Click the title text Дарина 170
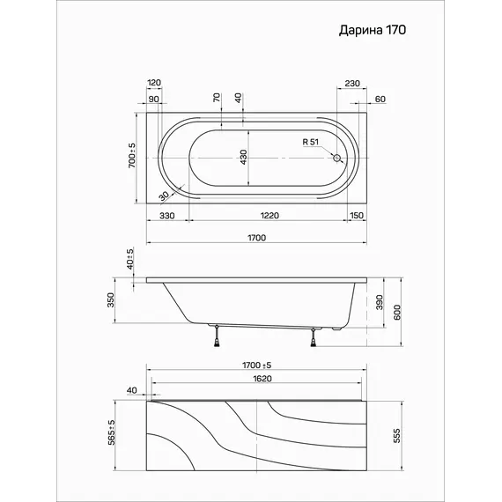point(373,30)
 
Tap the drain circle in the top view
point(336,158)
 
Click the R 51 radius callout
point(311,142)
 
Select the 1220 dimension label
point(269,216)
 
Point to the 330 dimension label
point(167,216)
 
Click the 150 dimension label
point(357,216)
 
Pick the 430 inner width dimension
point(243,157)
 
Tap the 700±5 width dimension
point(131,156)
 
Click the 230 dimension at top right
point(352,84)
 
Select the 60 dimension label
point(380,100)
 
